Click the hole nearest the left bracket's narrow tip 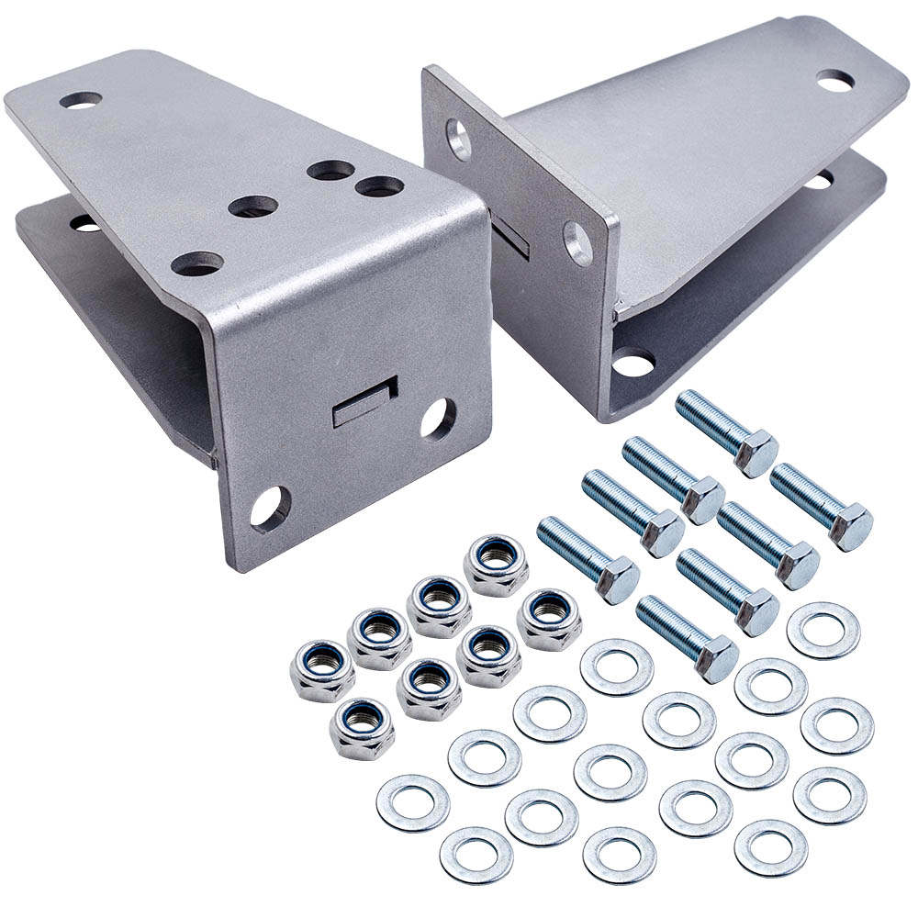tap(82, 100)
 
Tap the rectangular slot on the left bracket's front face tap(364, 402)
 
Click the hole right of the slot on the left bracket tap(438, 419)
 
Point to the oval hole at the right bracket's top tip tap(834, 81)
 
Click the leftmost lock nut tap(322, 669)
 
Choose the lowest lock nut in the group tap(362, 727)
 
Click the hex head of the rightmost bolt tap(848, 527)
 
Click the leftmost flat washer tap(412, 801)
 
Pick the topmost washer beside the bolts tap(823, 630)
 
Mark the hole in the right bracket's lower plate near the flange tap(633, 362)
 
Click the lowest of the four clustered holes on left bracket tap(196, 263)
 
